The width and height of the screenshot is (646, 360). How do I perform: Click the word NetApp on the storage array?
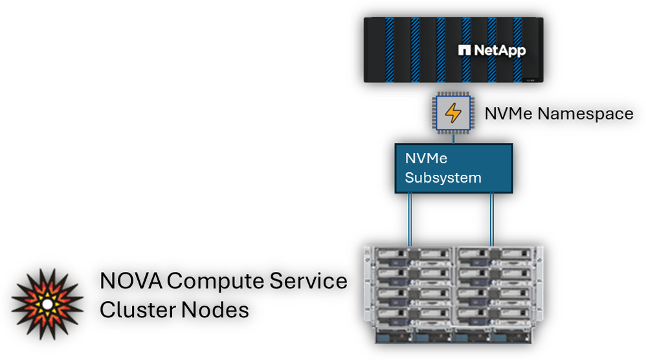click(x=498, y=51)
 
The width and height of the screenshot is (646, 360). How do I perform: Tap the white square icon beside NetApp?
click(x=463, y=50)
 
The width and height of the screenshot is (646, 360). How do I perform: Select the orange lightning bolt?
click(x=453, y=113)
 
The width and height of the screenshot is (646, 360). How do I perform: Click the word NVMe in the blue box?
click(x=426, y=159)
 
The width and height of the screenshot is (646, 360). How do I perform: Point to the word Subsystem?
click(x=443, y=177)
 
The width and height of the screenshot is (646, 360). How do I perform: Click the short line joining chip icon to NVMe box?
click(x=453, y=138)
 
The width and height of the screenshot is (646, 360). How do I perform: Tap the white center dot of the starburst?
click(x=47, y=304)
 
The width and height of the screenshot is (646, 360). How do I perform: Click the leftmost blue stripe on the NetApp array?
click(x=390, y=49)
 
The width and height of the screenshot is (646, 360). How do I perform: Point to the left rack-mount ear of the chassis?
click(x=367, y=285)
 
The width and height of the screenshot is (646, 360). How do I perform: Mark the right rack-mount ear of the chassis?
click(x=540, y=285)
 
